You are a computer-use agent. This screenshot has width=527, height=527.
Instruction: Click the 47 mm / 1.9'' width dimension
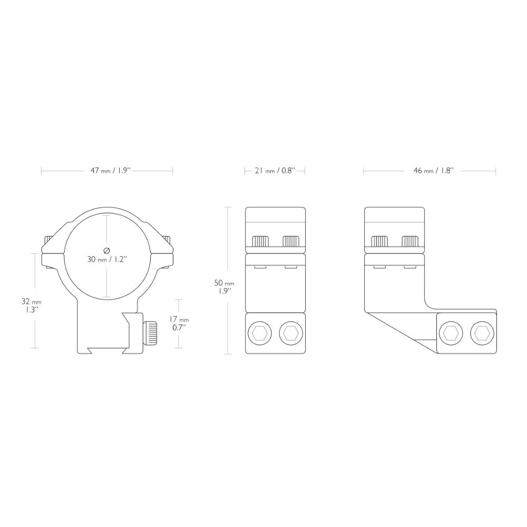(x=110, y=171)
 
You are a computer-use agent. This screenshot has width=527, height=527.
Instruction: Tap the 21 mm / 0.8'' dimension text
(x=275, y=171)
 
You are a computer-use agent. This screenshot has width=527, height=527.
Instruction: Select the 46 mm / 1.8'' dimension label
(x=434, y=171)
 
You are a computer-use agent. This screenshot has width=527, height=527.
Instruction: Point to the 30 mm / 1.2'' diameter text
(x=107, y=259)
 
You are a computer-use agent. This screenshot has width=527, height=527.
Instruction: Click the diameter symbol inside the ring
(x=107, y=250)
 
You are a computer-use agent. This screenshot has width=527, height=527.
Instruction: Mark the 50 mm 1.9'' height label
(x=224, y=287)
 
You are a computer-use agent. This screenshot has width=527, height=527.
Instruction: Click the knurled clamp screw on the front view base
(x=150, y=334)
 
